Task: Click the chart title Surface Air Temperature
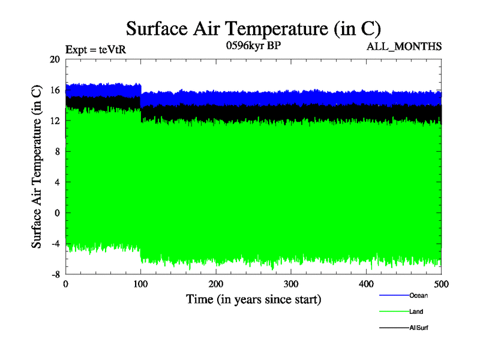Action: click(x=253, y=29)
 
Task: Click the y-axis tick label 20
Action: click(x=55, y=59)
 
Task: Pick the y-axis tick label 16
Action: click(x=55, y=90)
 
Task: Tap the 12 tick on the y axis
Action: click(x=55, y=121)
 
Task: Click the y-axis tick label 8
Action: click(x=57, y=151)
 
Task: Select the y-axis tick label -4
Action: click(x=55, y=244)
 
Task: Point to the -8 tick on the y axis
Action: click(x=55, y=274)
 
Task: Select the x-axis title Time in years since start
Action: click(x=253, y=299)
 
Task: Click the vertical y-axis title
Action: click(x=37, y=167)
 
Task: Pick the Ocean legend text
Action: click(x=419, y=295)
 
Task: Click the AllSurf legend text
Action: click(x=419, y=328)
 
